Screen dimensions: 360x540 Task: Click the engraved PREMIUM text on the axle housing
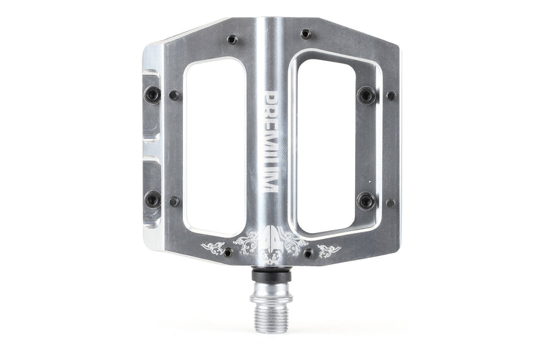point(273,141)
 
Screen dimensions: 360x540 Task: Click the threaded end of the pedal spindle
point(271,317)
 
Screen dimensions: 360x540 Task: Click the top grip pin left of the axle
point(232,40)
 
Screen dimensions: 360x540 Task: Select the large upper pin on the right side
point(367,95)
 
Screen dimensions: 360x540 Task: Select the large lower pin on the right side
point(367,201)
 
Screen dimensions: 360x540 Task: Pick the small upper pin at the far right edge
point(390,96)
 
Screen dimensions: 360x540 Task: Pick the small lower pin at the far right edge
point(390,203)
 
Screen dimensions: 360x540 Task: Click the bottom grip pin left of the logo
point(227,252)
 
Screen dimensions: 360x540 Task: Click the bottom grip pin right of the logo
point(308,254)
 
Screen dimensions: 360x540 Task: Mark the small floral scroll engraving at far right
point(329,251)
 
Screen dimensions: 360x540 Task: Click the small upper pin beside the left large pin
point(174,96)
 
